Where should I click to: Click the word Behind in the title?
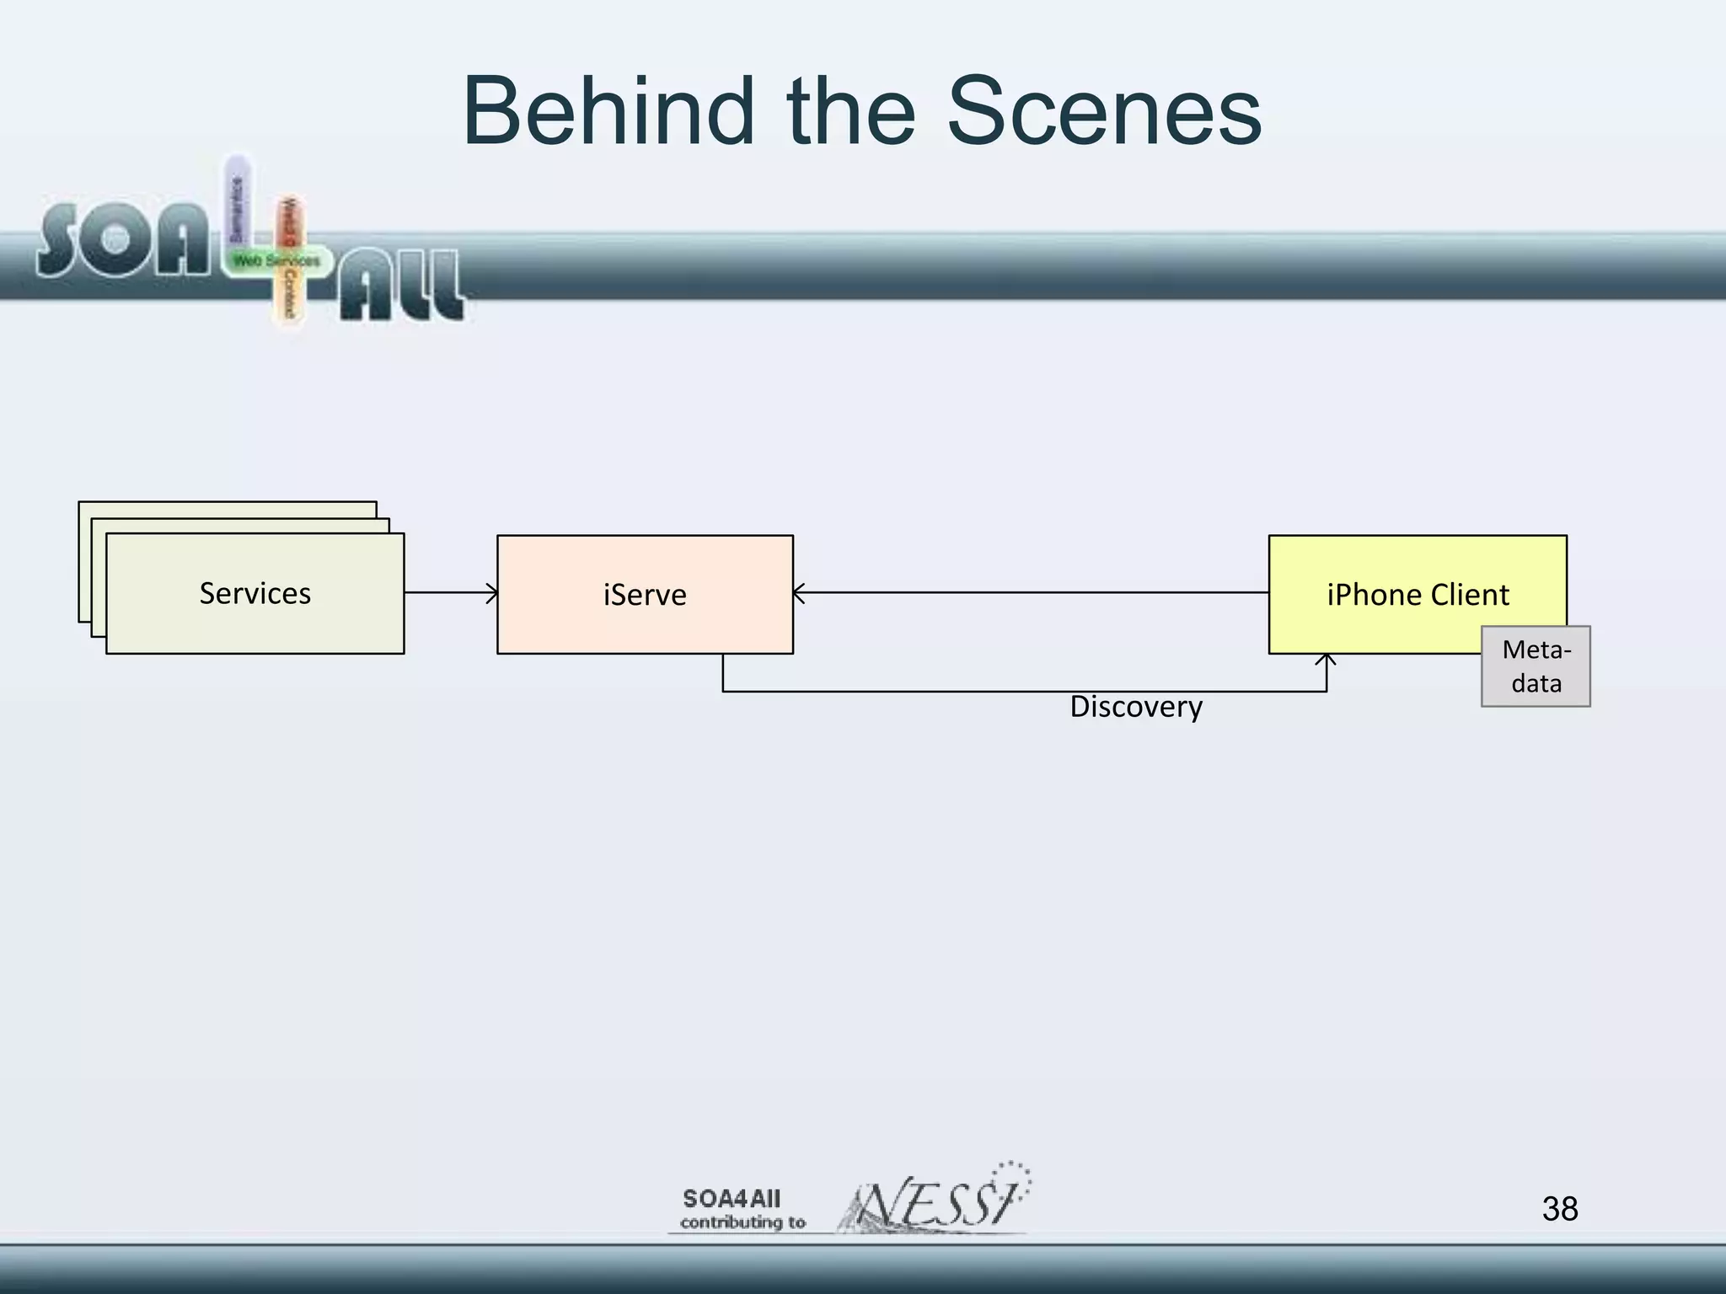(607, 112)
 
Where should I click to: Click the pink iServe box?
(645, 595)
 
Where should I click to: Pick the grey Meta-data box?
(1536, 666)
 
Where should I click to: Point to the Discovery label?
(1135, 707)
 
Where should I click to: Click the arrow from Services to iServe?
(450, 593)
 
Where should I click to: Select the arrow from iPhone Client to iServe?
(1028, 593)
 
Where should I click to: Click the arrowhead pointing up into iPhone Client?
(1327, 661)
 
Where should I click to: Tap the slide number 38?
(1559, 1209)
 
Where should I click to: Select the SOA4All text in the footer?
(732, 1199)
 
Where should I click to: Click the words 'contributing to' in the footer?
(742, 1222)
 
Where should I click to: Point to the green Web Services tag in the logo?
(276, 261)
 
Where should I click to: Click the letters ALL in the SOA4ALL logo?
(401, 289)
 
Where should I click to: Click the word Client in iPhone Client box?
(1469, 595)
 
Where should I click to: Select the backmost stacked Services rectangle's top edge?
(228, 502)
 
